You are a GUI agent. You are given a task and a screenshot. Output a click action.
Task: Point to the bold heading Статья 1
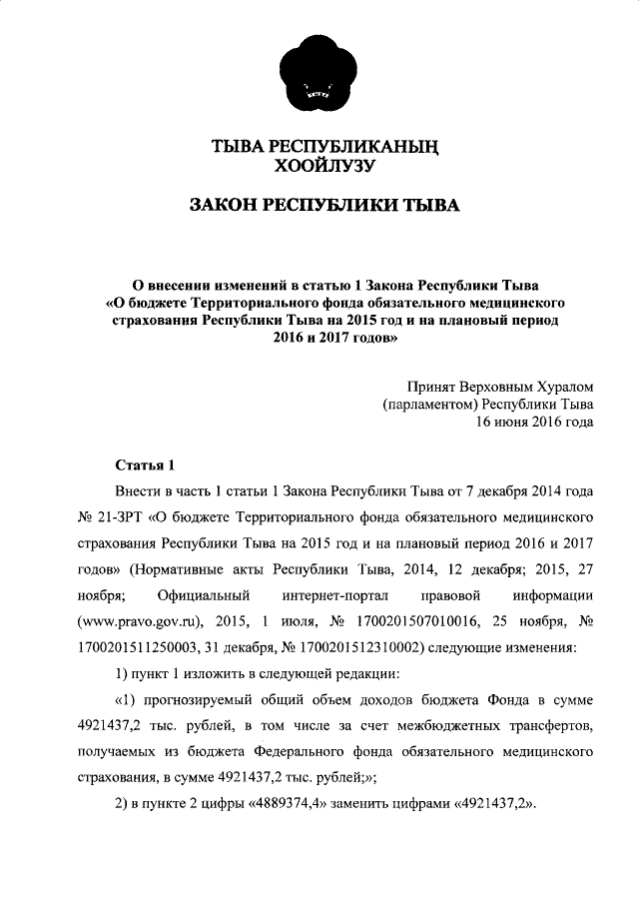click(145, 464)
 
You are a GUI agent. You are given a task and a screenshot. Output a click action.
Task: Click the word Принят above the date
click(433, 385)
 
